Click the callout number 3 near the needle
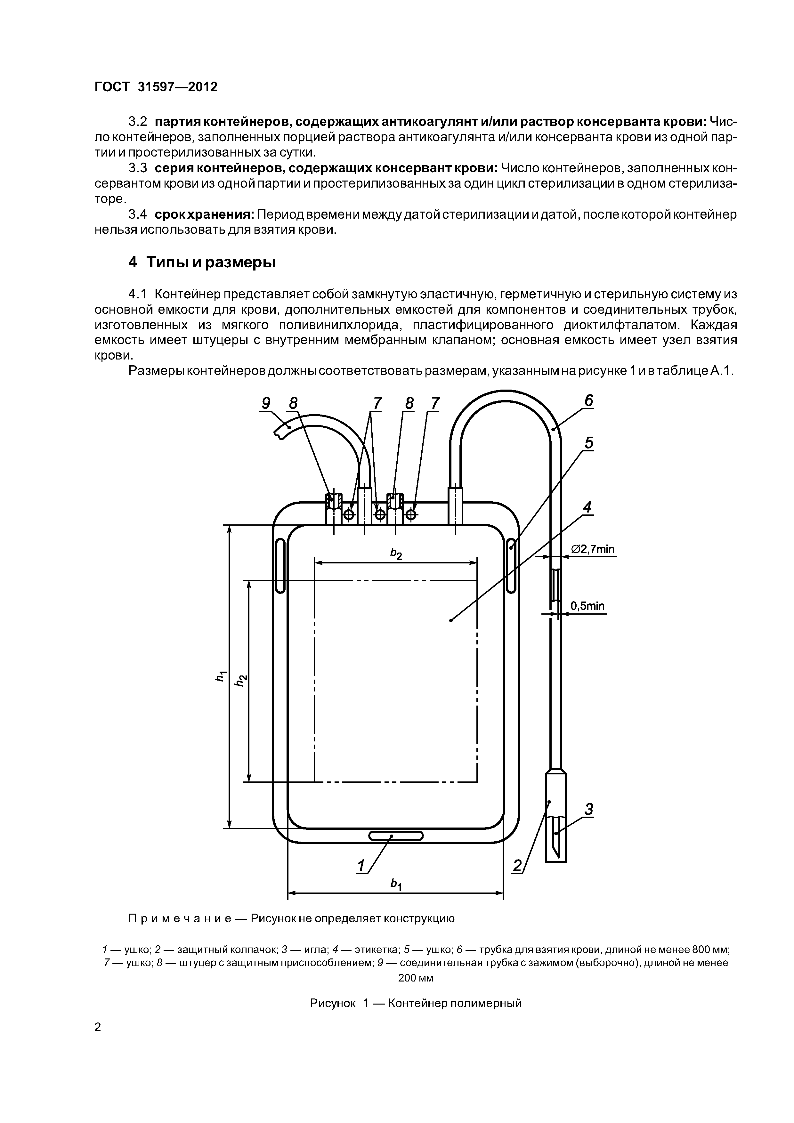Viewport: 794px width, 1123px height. click(x=588, y=810)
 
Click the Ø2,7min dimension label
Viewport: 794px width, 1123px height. click(x=592, y=549)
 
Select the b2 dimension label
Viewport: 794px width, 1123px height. click(x=396, y=554)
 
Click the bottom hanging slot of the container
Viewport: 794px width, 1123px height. click(x=396, y=836)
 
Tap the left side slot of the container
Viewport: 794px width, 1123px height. click(x=280, y=565)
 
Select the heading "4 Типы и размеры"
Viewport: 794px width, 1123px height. click(x=202, y=263)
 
